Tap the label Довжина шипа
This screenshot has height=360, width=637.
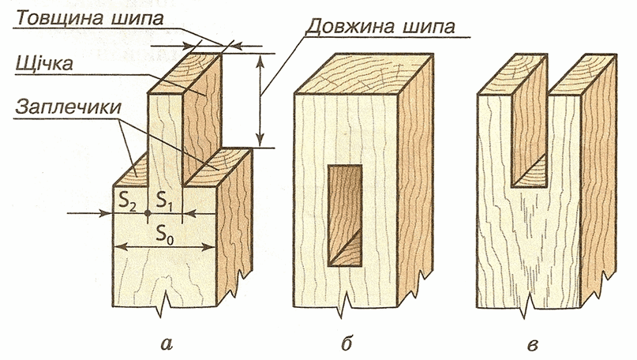click(x=383, y=26)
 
